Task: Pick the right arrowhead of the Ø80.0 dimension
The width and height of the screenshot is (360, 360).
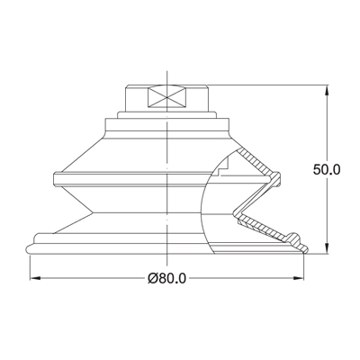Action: (x=302, y=278)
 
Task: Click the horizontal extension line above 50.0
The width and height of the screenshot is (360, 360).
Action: (x=270, y=86)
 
